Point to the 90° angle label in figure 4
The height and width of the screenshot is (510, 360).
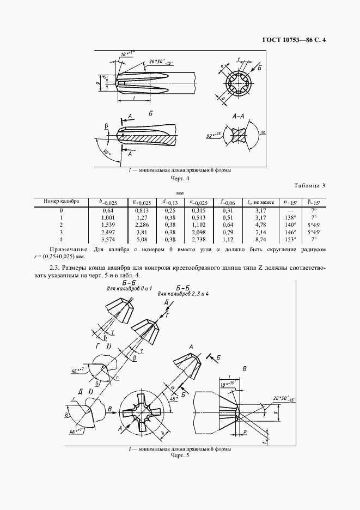tap(105, 154)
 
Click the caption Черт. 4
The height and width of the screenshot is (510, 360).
tap(179, 178)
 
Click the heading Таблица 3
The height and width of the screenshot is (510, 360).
tap(308, 186)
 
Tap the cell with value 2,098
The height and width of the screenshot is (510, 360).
tap(198, 232)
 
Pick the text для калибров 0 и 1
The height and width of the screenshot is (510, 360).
tap(125, 288)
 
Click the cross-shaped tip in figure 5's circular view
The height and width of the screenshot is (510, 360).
tap(143, 412)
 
